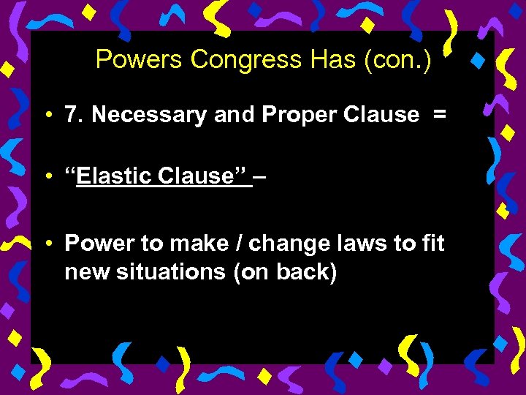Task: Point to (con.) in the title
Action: tap(392, 60)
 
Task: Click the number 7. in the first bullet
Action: tap(74, 115)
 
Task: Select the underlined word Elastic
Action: tap(117, 176)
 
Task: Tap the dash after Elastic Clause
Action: tap(260, 176)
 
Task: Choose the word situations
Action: tap(168, 271)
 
